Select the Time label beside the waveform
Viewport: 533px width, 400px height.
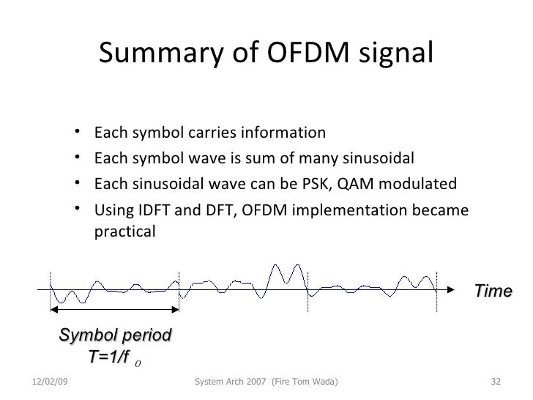tap(493, 292)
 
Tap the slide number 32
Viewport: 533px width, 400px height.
tap(494, 382)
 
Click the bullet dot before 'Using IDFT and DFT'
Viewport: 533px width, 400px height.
tap(77, 210)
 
